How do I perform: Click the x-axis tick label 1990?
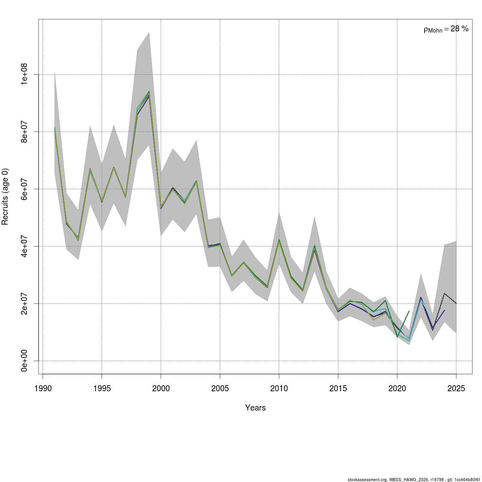(x=43, y=388)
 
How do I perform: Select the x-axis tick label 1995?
(x=102, y=388)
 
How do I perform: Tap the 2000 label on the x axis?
(x=161, y=388)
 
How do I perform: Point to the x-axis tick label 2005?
(x=220, y=388)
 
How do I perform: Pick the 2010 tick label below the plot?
(x=279, y=388)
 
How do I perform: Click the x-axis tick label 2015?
(x=338, y=388)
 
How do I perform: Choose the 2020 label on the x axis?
(x=397, y=388)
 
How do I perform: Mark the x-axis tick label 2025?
(x=456, y=388)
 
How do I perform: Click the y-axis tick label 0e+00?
(x=24, y=361)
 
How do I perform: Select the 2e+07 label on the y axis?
(x=24, y=303)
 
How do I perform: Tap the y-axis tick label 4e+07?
(x=24, y=246)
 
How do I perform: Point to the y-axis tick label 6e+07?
(x=24, y=189)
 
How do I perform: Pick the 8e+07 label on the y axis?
(x=24, y=132)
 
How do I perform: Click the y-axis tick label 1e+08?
(x=24, y=74)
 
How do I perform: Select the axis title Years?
(x=255, y=408)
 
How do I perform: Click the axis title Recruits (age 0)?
(x=5, y=196)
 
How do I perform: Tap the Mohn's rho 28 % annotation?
(x=446, y=29)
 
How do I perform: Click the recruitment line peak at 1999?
(x=149, y=93)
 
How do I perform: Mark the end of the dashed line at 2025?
(x=456, y=303)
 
